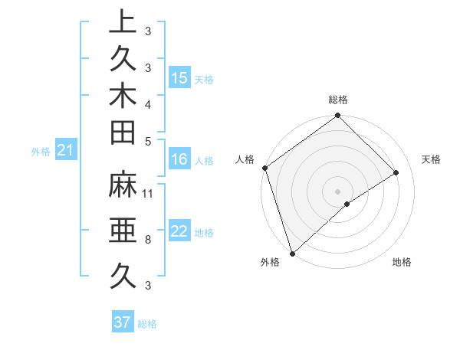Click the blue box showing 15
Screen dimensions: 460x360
179,78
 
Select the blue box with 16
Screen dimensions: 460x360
179,159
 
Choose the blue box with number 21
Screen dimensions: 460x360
66,151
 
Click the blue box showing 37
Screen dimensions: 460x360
123,322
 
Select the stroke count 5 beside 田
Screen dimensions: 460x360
147,141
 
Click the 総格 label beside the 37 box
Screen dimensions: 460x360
147,324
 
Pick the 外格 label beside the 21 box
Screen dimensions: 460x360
41,152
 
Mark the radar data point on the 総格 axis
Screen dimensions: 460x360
337,116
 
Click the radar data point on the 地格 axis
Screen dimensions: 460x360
347,204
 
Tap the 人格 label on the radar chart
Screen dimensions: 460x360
245,159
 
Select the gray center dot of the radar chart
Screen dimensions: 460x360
337,191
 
